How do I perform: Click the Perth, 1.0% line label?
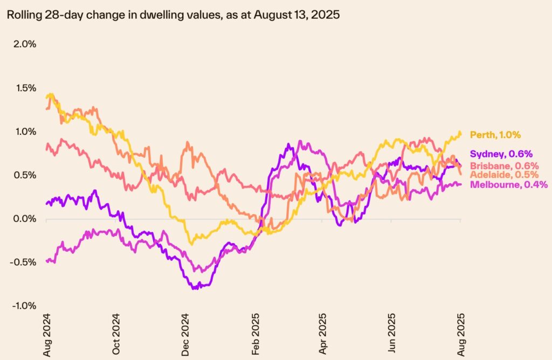click(495, 135)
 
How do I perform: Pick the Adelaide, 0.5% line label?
click(504, 175)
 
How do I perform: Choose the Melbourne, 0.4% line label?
click(509, 185)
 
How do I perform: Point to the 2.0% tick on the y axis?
click(24, 44)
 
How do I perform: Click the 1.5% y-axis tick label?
click(24, 88)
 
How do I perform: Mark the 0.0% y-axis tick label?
click(24, 219)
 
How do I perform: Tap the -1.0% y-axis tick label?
click(23, 306)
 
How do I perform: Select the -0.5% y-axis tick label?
click(23, 262)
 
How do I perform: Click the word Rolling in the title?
click(20, 15)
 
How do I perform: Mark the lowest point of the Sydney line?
click(194, 288)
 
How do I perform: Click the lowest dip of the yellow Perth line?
click(190, 244)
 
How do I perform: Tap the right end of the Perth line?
click(460, 133)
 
